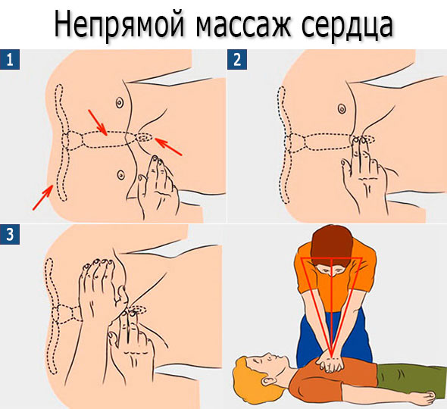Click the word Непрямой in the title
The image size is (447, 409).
(119, 25)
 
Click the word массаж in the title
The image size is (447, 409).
(243, 27)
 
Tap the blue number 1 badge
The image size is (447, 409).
(10, 60)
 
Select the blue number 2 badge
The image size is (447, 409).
(237, 60)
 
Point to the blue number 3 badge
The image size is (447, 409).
(10, 234)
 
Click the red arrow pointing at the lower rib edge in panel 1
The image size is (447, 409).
(42, 197)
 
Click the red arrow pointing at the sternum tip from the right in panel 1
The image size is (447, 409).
(168, 147)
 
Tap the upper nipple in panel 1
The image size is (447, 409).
(120, 102)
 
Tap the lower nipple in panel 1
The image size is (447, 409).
(121, 174)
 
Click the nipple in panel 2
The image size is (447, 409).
(342, 108)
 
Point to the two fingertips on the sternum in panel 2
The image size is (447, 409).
(359, 141)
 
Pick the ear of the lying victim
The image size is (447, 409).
(268, 381)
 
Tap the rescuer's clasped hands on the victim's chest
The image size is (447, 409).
(330, 363)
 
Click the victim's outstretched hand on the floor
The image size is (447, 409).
(427, 395)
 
